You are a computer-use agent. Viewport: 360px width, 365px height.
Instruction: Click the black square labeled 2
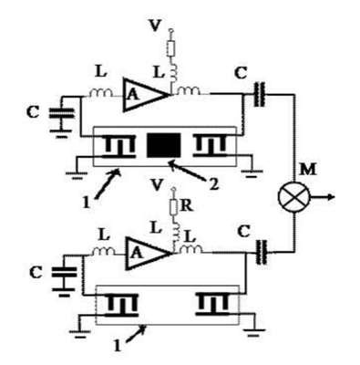point(164,145)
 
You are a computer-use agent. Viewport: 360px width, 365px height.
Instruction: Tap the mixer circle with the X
point(293,197)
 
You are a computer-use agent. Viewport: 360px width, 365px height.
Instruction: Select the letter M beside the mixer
point(308,170)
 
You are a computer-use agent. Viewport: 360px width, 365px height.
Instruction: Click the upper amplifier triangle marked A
point(145,95)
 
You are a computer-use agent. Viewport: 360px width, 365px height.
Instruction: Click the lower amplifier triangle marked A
point(148,253)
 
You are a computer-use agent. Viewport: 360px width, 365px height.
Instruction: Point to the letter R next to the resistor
point(187,206)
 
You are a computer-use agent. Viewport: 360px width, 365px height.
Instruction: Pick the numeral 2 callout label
point(214,183)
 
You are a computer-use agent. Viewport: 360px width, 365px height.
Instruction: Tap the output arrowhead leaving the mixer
point(331,197)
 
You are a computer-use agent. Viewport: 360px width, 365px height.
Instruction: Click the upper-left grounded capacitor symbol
point(62,117)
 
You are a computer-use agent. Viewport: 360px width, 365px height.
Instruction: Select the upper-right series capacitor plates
point(259,95)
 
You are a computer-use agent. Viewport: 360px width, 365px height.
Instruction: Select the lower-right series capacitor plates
point(262,253)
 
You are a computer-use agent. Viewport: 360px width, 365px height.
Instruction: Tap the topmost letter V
point(155,26)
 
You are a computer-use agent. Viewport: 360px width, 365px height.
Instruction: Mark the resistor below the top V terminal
point(171,48)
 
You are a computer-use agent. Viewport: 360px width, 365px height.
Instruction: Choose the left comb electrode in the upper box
point(118,148)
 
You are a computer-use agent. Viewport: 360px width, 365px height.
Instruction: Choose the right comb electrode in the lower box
point(212,304)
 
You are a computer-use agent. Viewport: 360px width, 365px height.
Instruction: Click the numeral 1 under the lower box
point(118,346)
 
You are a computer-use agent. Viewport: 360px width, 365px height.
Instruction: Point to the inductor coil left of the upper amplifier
point(101,92)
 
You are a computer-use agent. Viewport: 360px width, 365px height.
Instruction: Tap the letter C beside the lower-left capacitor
point(36,273)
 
